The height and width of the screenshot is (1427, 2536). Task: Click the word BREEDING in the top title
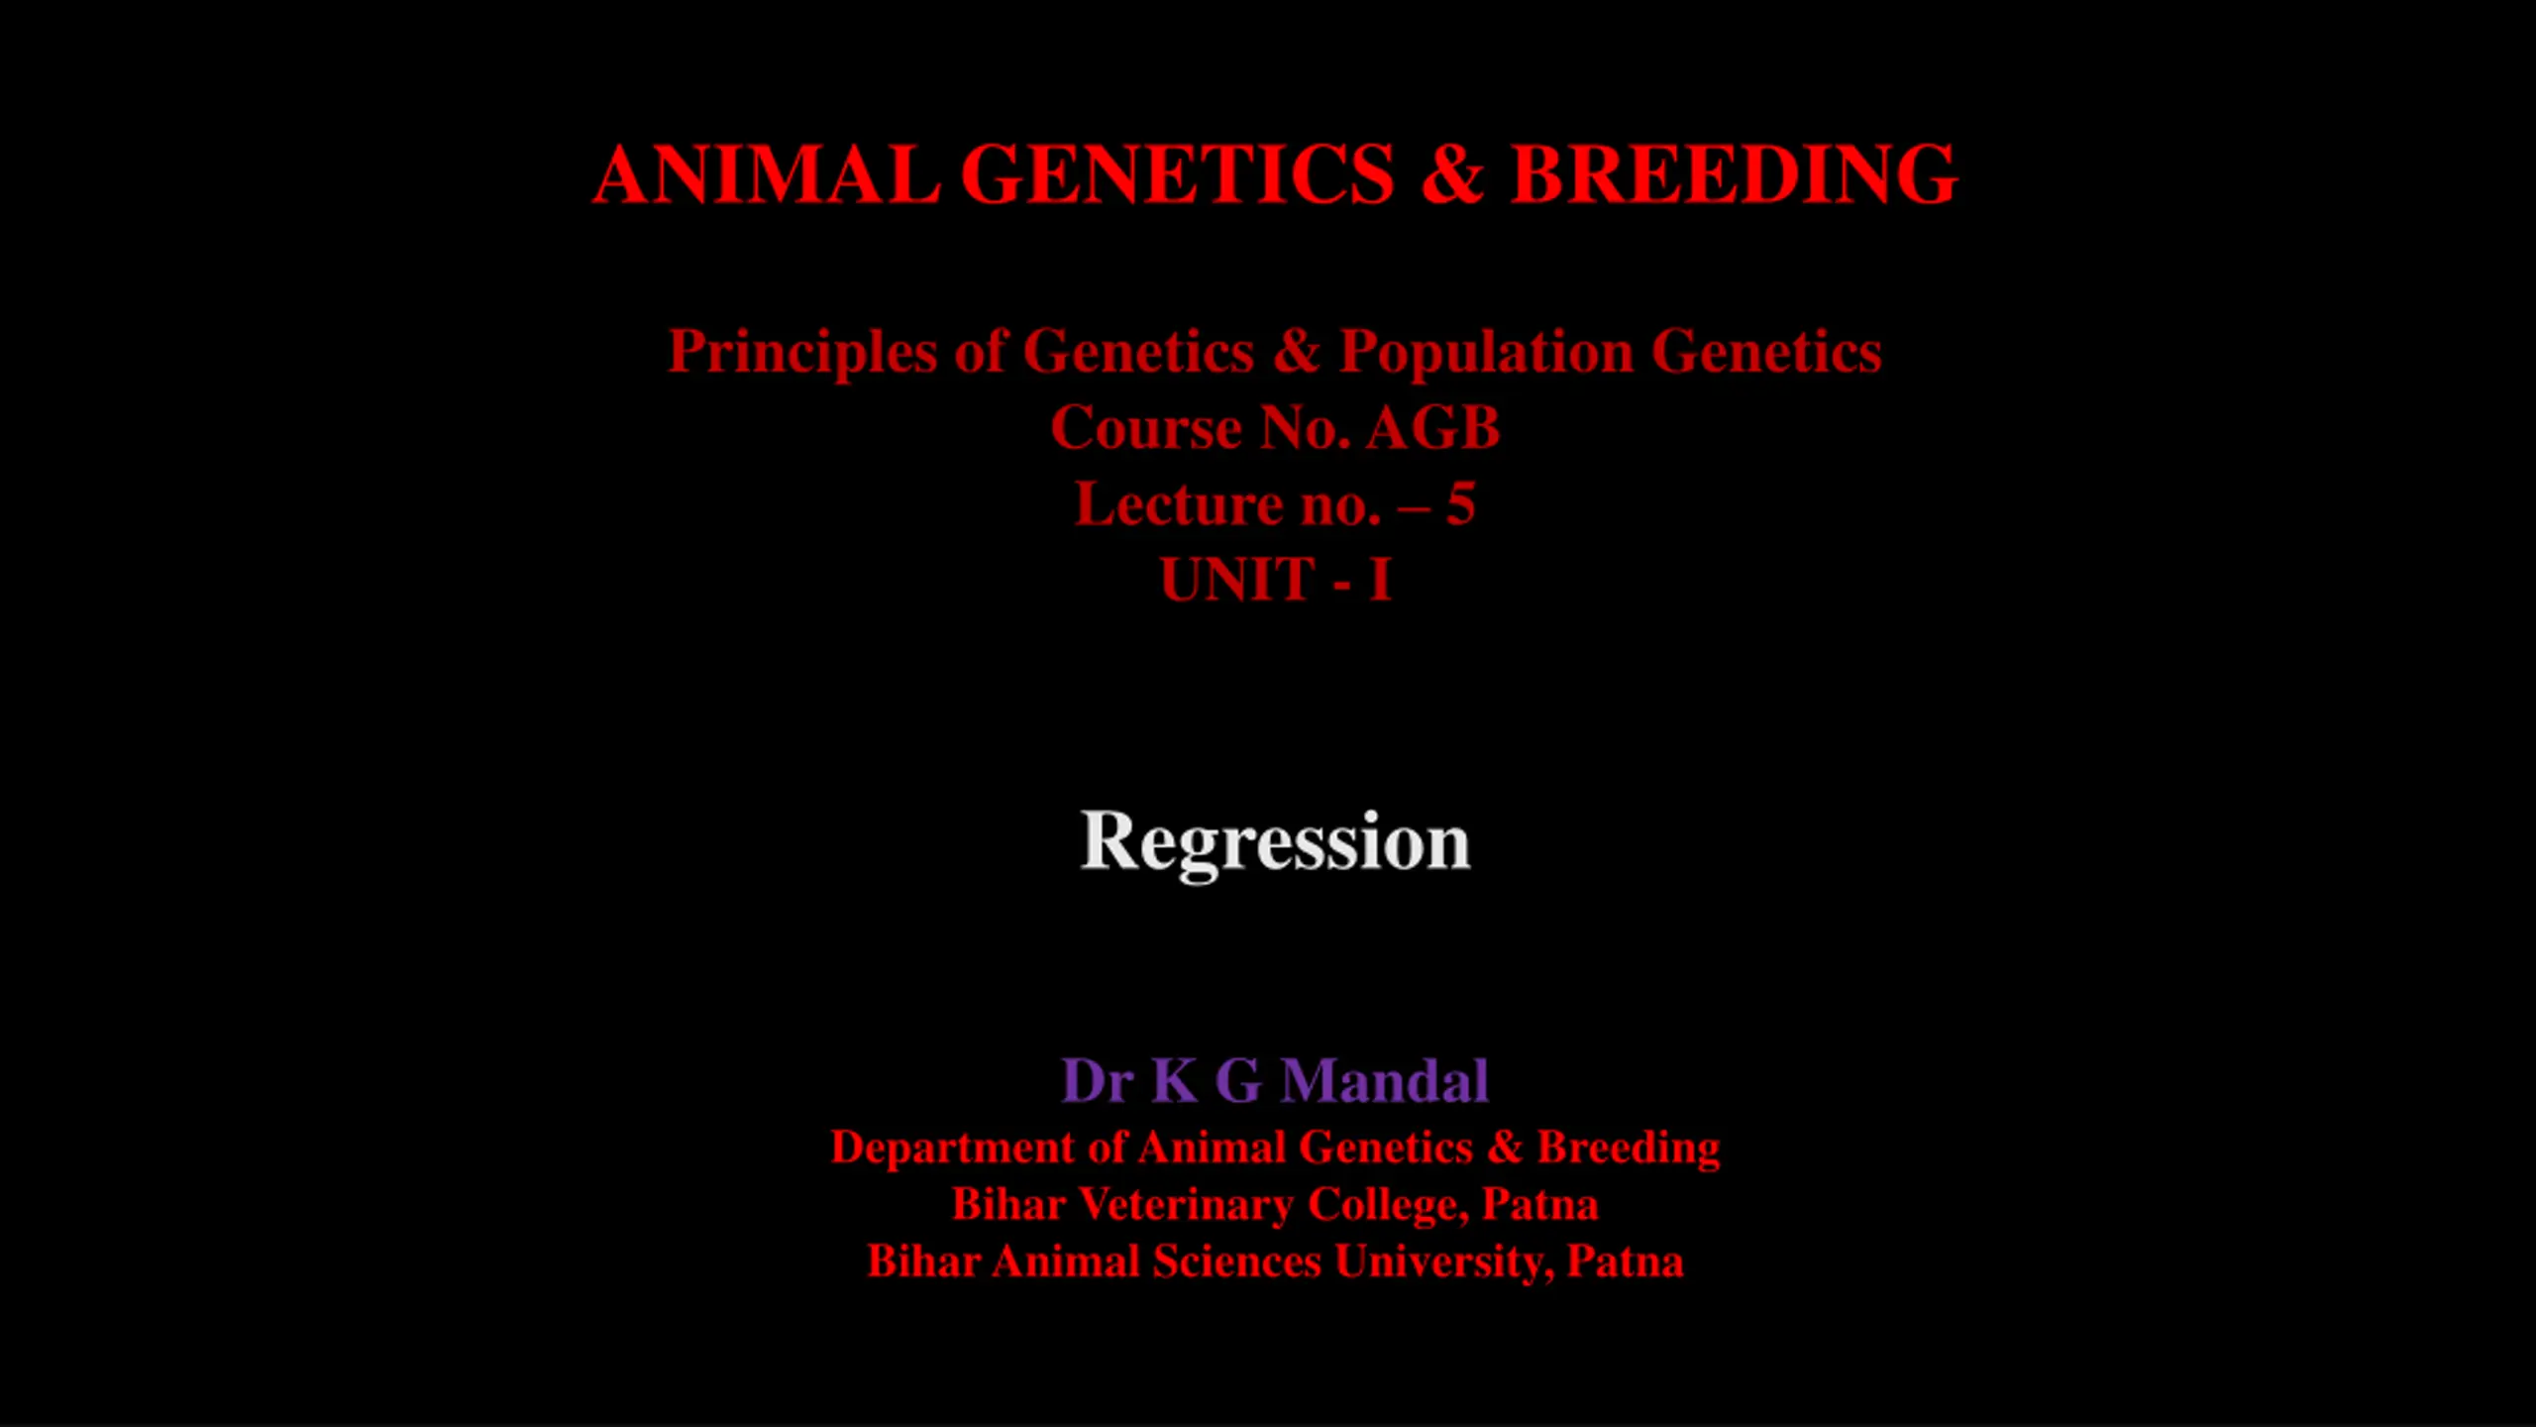1734,174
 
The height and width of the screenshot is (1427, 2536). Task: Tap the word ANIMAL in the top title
767,174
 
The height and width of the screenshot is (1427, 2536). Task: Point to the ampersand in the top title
1452,174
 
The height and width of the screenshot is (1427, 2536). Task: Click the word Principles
802,353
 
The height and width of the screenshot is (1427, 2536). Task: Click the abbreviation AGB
1433,428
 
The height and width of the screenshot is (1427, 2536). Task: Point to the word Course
1146,428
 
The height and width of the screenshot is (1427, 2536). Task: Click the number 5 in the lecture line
1460,504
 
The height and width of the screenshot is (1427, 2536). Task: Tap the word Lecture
1179,504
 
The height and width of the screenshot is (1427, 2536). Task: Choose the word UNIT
1237,580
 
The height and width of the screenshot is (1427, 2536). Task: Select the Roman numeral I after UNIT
1380,580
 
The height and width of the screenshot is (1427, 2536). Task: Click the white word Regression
1275,842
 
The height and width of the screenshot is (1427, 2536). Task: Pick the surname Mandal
1385,1080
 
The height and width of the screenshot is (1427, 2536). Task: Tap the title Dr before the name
1097,1080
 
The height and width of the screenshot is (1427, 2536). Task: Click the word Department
952,1149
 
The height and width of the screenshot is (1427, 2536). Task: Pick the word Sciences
1236,1262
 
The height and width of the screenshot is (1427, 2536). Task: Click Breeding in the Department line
1629,1149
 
